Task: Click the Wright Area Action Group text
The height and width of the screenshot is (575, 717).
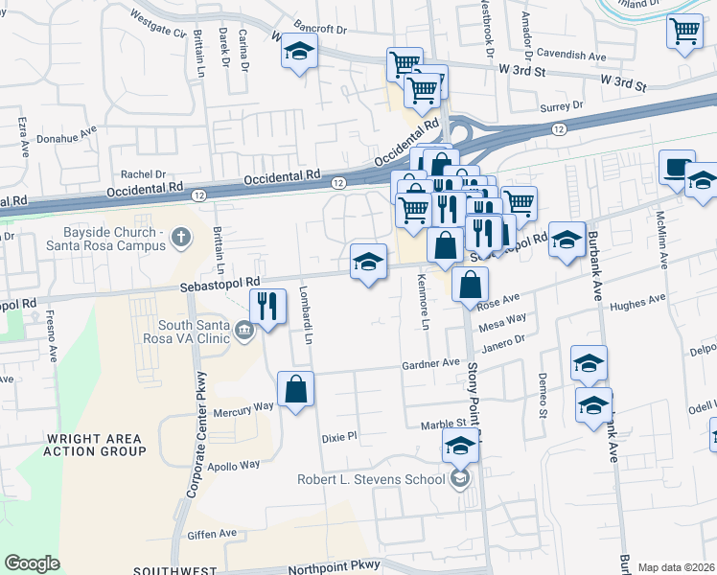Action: [x=96, y=444]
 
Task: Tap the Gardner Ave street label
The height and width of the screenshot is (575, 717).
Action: [x=431, y=364]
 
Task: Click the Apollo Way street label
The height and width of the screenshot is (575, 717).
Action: [x=234, y=465]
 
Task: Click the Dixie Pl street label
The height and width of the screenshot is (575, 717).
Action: [x=338, y=436]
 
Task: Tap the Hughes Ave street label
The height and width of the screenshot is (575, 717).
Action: [x=636, y=302]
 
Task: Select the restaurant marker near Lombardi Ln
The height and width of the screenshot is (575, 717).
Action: [x=267, y=307]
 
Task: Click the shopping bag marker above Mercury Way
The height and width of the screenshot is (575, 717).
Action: [x=296, y=389]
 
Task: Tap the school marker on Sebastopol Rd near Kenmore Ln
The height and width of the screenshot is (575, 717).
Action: [x=369, y=261]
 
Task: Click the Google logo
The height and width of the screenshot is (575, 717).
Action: [x=32, y=563]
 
